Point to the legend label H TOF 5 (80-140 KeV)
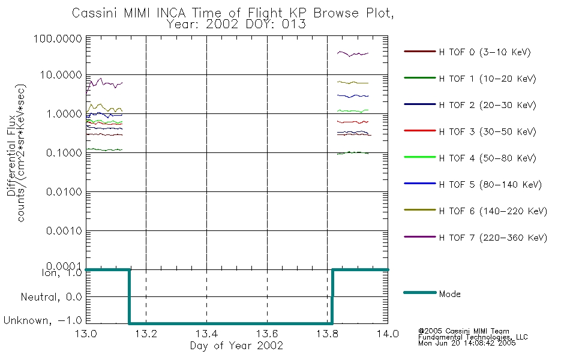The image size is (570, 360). [490, 185]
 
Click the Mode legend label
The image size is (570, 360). [449, 294]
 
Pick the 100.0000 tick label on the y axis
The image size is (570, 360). [58, 38]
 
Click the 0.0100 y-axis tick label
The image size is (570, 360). [64, 191]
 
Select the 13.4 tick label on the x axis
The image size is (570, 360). [206, 334]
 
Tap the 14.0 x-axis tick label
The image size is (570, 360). [388, 334]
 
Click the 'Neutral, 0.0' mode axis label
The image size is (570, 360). [51, 298]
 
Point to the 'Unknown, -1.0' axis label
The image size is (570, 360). [43, 321]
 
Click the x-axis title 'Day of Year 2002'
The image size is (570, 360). [236, 346]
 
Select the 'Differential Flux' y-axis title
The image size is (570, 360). [11, 155]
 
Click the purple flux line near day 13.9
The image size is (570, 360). [353, 54]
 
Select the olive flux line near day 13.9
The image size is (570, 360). [353, 83]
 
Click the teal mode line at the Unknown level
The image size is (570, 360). [231, 323]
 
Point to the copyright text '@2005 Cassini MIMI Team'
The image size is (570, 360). [463, 331]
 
